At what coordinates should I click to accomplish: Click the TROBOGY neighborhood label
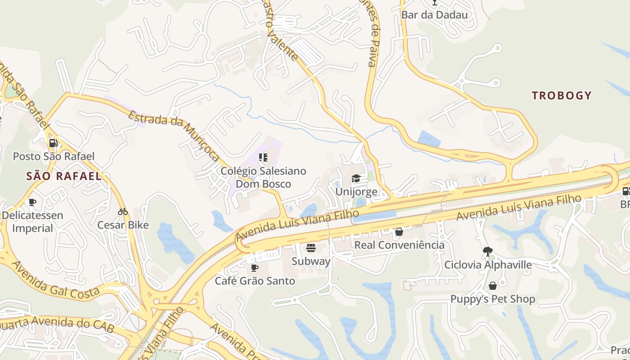click(561, 95)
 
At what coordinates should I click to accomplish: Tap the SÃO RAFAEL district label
click(64, 176)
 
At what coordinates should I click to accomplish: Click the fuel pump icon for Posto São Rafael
click(54, 144)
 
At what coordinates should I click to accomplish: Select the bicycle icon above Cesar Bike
click(123, 211)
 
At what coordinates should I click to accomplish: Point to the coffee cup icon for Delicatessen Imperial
click(32, 202)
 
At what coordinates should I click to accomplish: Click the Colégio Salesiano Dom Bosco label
click(263, 177)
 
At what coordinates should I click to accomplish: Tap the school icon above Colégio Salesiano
click(263, 157)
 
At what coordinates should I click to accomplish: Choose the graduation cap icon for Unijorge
click(356, 179)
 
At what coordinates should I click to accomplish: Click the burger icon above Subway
click(310, 247)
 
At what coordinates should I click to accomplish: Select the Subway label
click(310, 261)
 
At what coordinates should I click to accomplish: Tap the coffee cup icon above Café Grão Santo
click(255, 268)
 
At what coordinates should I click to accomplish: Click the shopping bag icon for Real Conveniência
click(399, 232)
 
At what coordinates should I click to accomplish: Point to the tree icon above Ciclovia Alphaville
click(487, 251)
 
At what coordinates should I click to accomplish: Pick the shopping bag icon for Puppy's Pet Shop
click(493, 286)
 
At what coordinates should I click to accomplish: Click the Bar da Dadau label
click(434, 14)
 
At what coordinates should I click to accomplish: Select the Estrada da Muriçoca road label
click(174, 135)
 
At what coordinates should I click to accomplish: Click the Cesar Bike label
click(123, 225)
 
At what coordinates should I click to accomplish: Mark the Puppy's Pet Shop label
click(493, 299)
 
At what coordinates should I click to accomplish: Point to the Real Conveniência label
click(399, 245)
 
